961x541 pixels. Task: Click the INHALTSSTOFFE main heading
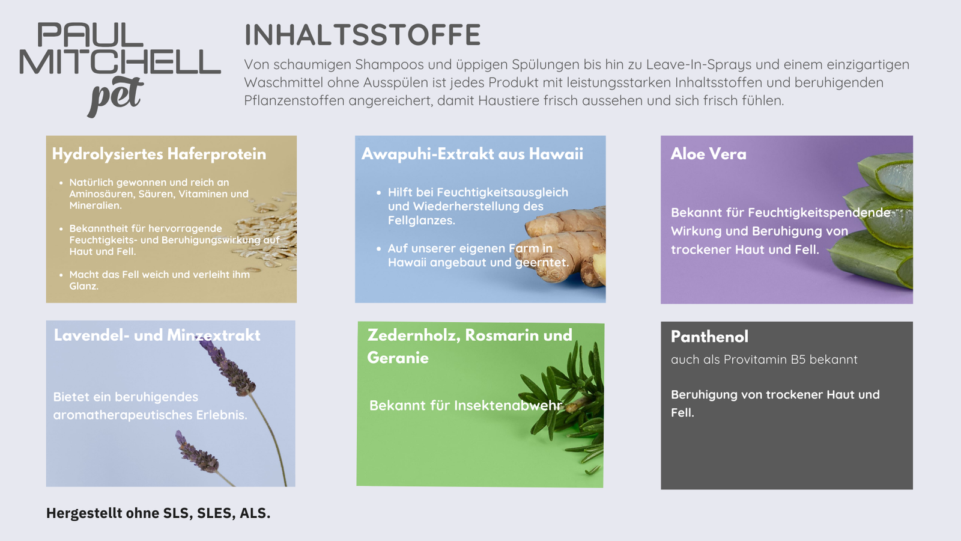coord(363,35)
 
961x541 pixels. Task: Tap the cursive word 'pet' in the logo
coord(115,96)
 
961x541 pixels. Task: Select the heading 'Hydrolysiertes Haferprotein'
coord(159,154)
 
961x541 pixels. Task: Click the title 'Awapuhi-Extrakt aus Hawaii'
coord(472,154)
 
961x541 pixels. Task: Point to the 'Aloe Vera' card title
coord(708,154)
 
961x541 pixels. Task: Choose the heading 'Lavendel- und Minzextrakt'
coord(157,335)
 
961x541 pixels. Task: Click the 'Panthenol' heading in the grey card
coord(709,337)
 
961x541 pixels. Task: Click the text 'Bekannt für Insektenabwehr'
coord(465,405)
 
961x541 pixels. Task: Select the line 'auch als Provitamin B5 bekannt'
coord(764,359)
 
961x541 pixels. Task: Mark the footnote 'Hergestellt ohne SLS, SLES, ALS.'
coord(159,513)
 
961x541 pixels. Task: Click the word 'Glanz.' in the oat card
coord(84,286)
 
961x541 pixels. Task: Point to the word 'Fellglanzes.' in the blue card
coord(421,221)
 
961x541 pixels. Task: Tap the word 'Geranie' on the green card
coord(398,358)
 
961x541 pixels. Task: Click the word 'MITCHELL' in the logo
coord(120,62)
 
